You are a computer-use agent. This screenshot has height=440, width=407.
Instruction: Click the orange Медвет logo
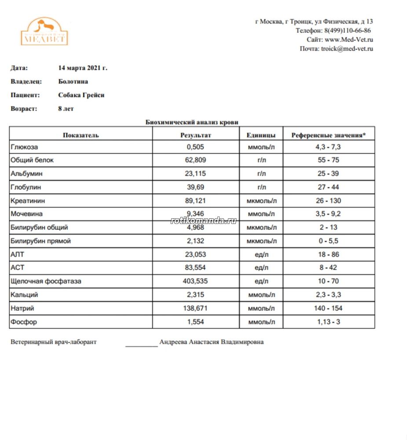44,32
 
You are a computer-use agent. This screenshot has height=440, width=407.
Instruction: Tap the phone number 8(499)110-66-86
347,31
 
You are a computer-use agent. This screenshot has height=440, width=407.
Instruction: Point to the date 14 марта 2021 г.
83,68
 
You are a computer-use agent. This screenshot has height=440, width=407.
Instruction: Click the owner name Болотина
73,81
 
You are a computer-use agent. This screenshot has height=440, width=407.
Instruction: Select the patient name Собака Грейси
81,95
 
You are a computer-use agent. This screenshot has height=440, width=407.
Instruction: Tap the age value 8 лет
66,109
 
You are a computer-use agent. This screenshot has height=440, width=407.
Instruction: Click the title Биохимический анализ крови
192,122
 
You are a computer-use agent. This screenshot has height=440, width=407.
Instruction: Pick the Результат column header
196,135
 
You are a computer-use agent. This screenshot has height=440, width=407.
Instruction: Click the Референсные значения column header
328,135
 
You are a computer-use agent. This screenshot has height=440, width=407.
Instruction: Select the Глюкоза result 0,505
195,147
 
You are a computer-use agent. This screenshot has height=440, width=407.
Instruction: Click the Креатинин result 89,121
195,201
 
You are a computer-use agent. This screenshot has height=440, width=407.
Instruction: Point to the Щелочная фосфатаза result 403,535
195,281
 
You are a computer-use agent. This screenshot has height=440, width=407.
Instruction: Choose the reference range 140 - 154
328,308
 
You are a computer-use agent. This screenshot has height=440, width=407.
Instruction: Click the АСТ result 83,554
195,268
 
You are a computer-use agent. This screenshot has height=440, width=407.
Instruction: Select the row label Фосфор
24,322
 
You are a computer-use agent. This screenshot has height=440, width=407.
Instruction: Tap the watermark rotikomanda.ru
203,220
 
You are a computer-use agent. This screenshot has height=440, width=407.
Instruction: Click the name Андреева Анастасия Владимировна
212,342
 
